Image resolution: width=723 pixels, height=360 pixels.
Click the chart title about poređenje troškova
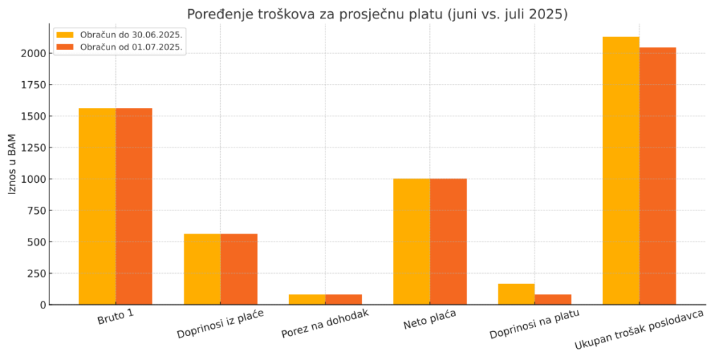377,14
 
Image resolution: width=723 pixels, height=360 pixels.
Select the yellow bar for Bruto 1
97,206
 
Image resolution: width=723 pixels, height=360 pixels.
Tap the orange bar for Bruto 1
134,206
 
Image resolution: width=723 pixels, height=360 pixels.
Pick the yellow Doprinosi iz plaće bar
203,269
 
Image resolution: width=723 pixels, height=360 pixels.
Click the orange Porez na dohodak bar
344,299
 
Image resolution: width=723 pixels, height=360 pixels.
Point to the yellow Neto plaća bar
412,241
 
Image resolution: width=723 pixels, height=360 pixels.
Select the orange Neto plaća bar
448,241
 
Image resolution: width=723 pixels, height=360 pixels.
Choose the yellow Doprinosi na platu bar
516,294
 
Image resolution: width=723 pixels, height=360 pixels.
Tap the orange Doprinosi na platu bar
553,299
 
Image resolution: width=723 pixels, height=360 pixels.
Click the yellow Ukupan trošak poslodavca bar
621,170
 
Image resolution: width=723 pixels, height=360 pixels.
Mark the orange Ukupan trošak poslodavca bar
658,176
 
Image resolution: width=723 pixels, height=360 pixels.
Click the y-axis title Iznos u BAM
12,163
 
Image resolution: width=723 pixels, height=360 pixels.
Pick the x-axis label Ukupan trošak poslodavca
639,330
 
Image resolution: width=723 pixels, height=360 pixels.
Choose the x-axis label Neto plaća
429,319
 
